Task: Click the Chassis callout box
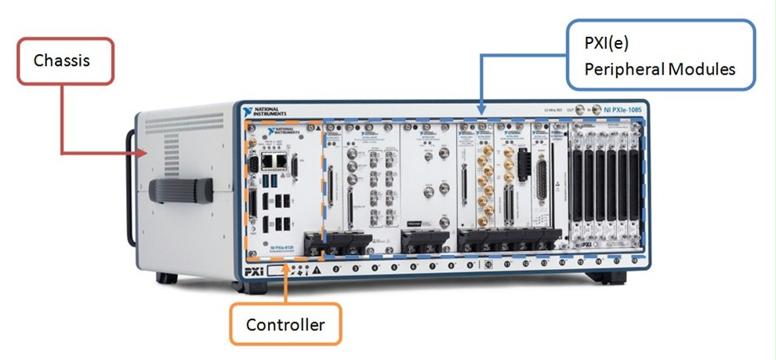(67, 60)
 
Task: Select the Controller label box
(285, 323)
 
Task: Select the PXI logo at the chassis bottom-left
(252, 271)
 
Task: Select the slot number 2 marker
(336, 269)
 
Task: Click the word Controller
(285, 324)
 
